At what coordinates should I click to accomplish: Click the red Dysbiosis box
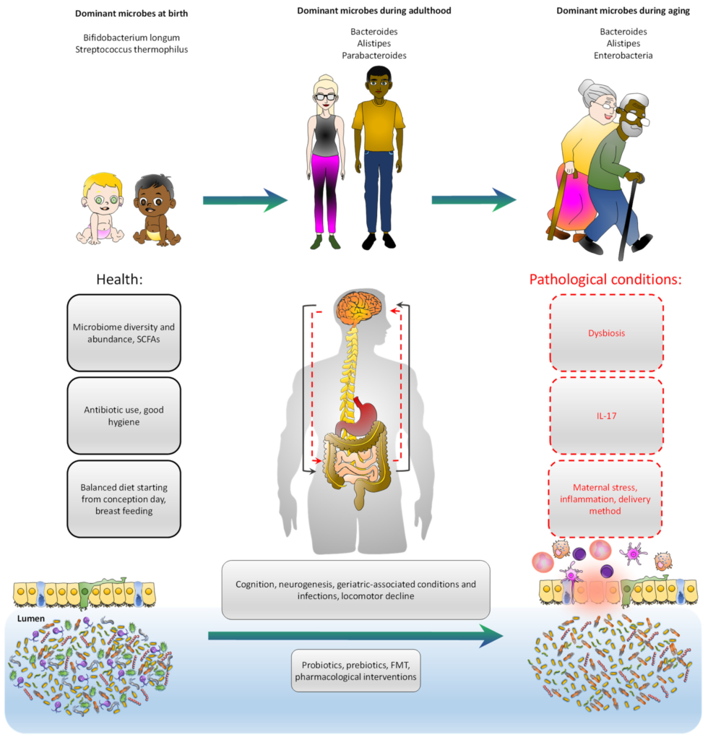[606, 334]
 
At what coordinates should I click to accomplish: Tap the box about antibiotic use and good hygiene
[123, 416]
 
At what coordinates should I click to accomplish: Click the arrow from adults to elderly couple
[474, 200]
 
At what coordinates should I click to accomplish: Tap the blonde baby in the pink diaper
[100, 210]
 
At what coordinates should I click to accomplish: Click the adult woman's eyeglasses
[326, 97]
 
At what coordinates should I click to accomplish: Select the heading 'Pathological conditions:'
[606, 280]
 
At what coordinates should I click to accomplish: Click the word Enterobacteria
[626, 55]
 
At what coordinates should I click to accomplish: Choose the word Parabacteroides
[375, 55]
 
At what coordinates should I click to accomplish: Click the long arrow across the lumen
[355, 636]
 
